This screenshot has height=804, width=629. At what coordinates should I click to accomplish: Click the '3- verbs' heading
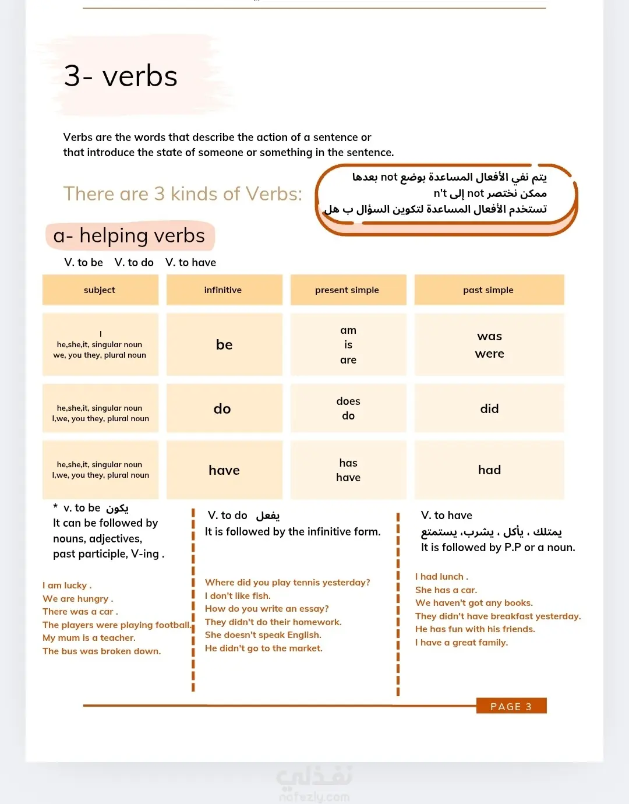tap(121, 76)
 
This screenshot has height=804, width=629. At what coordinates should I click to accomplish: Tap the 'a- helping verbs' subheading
tap(129, 236)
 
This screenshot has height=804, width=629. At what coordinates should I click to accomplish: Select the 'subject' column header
tap(100, 290)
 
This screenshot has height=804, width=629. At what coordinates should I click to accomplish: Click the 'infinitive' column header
tap(223, 290)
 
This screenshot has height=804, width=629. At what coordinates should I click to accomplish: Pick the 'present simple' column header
tap(347, 290)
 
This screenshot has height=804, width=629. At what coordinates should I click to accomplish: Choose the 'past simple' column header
tap(489, 290)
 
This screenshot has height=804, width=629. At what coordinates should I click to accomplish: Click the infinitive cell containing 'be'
tap(224, 345)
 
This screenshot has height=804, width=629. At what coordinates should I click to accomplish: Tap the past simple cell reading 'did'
tap(489, 409)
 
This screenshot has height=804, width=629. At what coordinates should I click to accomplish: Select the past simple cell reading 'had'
tap(489, 470)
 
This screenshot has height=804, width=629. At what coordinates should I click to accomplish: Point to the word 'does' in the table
tap(348, 401)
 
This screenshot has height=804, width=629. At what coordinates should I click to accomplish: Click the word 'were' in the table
tap(489, 354)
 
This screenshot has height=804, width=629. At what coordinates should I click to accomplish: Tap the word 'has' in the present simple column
tap(348, 463)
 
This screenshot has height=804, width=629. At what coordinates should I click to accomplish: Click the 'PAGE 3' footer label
tap(511, 707)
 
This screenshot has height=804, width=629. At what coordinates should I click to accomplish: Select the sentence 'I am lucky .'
tap(67, 586)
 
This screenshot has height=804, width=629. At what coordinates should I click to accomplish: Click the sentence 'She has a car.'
tap(446, 590)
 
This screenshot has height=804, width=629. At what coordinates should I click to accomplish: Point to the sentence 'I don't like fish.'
tap(238, 596)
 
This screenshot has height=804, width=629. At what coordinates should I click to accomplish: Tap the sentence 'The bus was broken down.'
tap(101, 651)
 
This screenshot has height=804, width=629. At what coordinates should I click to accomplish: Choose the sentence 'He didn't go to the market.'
tap(263, 648)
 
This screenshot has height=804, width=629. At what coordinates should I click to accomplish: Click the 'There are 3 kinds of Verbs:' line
tap(182, 194)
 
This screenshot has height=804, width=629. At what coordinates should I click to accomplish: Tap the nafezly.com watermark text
tap(314, 796)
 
